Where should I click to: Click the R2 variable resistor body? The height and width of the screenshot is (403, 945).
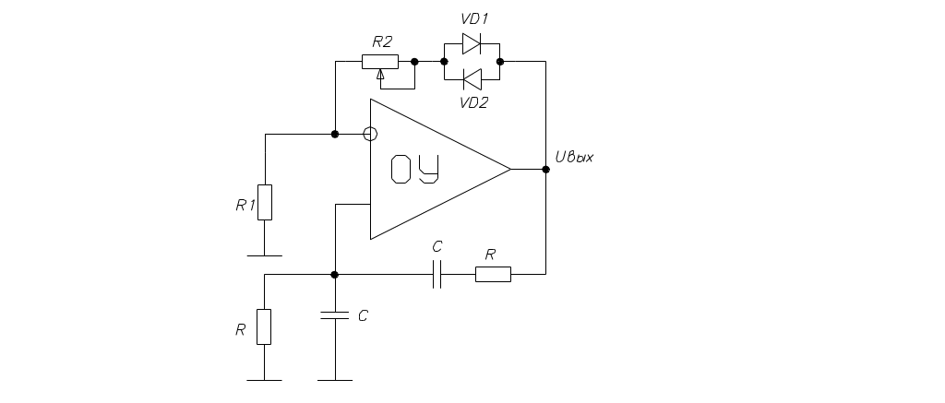[x=380, y=62]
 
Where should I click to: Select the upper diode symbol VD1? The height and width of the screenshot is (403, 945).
[x=472, y=42]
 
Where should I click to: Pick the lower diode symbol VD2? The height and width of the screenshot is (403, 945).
[x=472, y=77]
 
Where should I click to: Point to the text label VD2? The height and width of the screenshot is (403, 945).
[x=473, y=101]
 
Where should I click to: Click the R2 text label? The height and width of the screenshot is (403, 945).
[x=381, y=42]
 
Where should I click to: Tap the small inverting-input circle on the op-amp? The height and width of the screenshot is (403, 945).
[x=370, y=135]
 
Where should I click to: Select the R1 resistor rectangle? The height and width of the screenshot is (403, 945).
[x=265, y=202]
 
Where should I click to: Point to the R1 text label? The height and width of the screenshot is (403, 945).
[x=245, y=206]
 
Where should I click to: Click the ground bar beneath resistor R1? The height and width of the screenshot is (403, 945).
[x=264, y=254]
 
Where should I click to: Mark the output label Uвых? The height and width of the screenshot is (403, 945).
[x=573, y=158]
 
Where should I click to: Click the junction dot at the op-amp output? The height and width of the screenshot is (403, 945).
[x=546, y=170]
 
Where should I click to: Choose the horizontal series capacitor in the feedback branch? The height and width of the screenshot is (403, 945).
[x=437, y=274]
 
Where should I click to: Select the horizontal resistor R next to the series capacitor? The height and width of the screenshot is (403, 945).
[x=493, y=274]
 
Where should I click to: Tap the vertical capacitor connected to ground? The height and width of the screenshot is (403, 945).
[x=334, y=315]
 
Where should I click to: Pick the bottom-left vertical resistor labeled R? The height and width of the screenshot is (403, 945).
[x=264, y=326]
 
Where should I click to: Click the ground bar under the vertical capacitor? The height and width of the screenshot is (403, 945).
[x=334, y=379]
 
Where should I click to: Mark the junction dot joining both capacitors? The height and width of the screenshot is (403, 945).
[x=334, y=275]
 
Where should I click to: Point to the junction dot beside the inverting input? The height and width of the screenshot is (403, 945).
[x=335, y=135]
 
